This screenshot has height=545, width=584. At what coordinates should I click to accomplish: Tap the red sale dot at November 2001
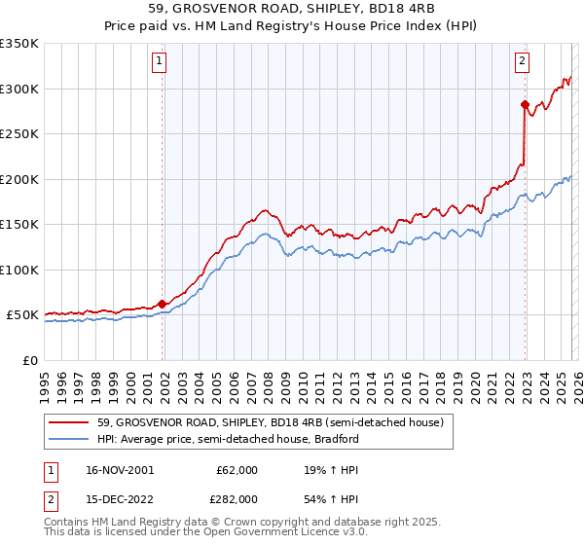[162, 304]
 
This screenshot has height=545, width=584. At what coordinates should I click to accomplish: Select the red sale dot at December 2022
[525, 104]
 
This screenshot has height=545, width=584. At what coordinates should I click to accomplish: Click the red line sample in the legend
[70, 422]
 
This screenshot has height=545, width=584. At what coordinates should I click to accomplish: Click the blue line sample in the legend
[70, 439]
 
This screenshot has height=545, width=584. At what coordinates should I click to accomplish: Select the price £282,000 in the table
[237, 498]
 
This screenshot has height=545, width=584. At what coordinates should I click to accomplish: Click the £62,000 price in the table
[237, 469]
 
